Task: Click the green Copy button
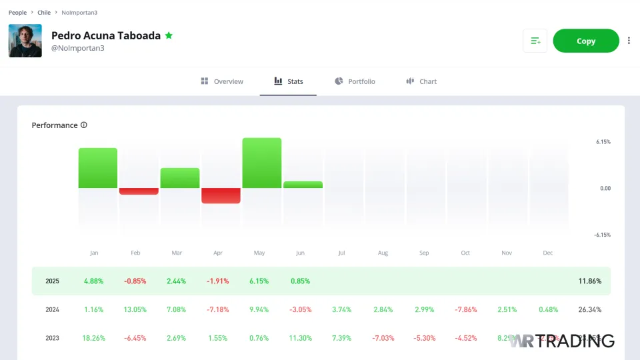tap(586, 41)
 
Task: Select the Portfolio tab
tap(355, 81)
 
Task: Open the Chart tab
tap(421, 81)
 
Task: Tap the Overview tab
tap(222, 81)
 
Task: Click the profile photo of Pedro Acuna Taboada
tap(25, 41)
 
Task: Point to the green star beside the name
tap(169, 35)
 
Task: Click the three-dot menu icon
tap(629, 41)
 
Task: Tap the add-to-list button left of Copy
tap(535, 41)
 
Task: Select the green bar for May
tap(262, 163)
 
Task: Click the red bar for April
tap(221, 195)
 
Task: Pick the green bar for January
tap(98, 168)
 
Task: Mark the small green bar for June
tap(303, 185)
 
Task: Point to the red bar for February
tap(139, 191)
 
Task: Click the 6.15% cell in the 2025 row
tap(260, 281)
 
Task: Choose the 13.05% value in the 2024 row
tap(135, 310)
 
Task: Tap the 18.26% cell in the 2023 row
tap(94, 338)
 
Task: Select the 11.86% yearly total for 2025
tap(589, 281)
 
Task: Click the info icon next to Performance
tap(84, 125)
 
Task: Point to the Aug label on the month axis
tap(383, 253)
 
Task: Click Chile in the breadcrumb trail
tap(44, 13)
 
